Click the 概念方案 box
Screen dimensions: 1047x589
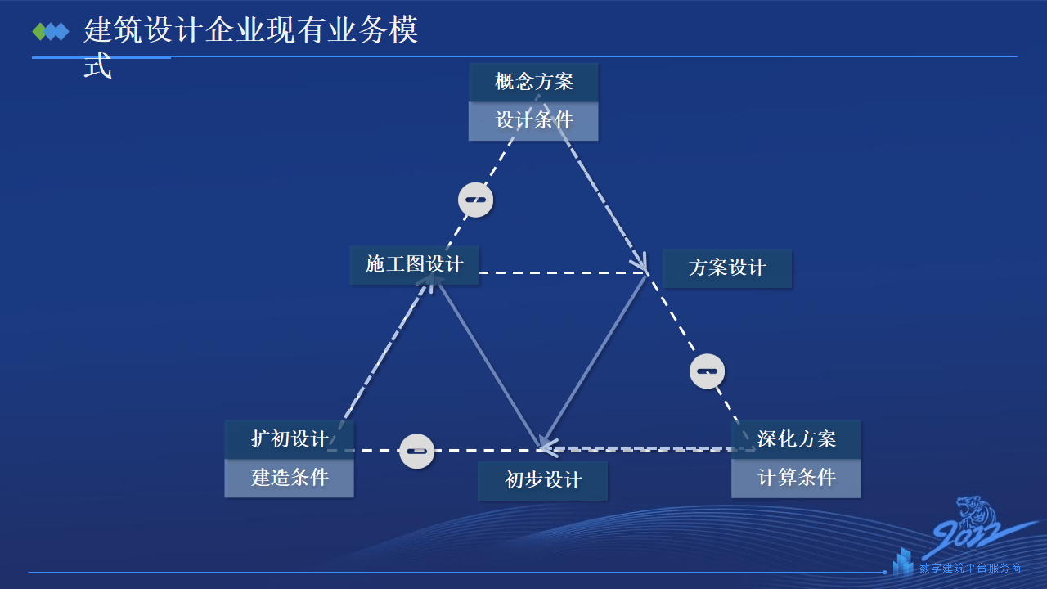[533, 82]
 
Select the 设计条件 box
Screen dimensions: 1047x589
[533, 121]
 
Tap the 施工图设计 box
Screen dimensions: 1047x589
[414, 264]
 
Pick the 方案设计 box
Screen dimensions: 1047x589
[726, 268]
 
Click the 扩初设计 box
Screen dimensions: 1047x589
[289, 438]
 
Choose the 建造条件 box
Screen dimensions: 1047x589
[289, 478]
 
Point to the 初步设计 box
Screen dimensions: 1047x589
[542, 480]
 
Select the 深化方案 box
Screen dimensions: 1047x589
[796, 438]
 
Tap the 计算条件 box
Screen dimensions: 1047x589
[796, 478]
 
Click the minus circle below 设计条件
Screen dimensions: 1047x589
[476, 200]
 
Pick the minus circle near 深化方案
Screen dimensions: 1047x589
[707, 371]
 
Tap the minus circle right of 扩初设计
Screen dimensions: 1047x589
[417, 451]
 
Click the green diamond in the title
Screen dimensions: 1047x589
[39, 32]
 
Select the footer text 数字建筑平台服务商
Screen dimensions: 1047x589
[970, 568]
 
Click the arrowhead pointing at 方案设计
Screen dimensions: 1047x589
[642, 266]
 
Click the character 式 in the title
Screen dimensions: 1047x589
[97, 67]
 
